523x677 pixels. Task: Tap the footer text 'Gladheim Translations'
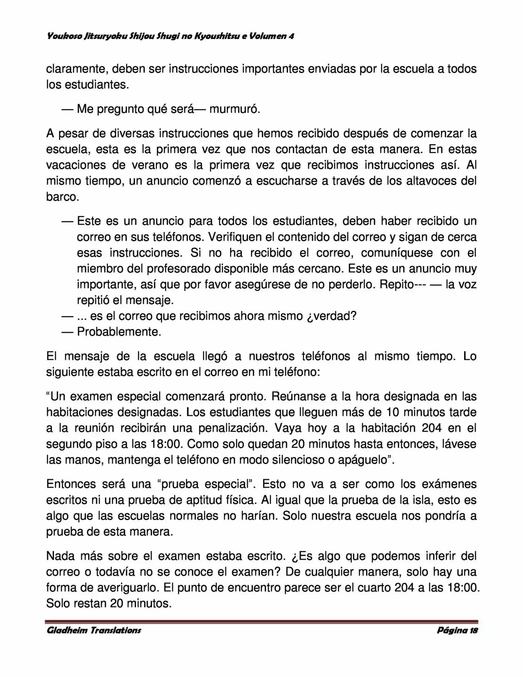point(94,630)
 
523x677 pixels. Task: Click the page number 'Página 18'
point(457,630)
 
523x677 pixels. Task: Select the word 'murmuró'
point(235,109)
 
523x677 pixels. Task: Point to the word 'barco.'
point(62,197)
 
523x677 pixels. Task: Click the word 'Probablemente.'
point(119,332)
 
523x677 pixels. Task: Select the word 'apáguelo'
point(362,460)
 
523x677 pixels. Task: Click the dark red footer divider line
point(261,621)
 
